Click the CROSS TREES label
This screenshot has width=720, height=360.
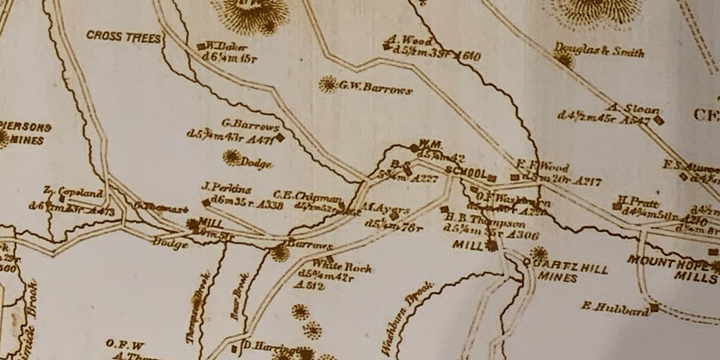[124, 36]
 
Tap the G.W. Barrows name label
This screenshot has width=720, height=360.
[376, 89]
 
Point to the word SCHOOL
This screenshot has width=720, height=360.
[466, 173]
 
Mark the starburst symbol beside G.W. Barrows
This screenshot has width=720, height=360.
[328, 85]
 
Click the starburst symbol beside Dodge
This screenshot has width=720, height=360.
[230, 158]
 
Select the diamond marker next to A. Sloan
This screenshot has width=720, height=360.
[659, 120]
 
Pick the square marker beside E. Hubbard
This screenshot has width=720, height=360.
[654, 308]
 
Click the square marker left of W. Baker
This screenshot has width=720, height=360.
[201, 46]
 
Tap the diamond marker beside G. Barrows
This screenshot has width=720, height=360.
[280, 136]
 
